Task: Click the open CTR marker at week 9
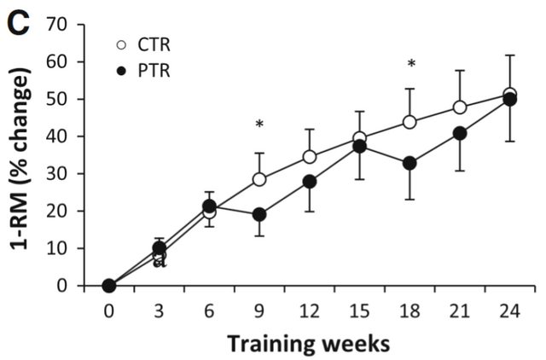259,180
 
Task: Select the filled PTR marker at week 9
259,215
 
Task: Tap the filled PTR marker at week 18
410,163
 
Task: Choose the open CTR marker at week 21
461,107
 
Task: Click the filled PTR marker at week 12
310,182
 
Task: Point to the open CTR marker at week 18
410,122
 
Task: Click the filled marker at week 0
108,286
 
